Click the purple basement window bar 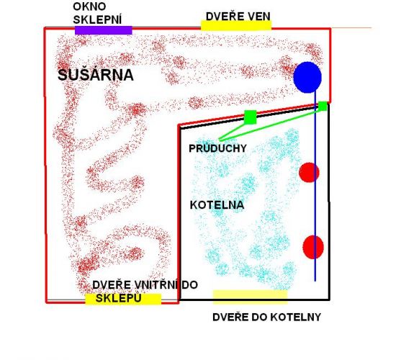click(104, 30)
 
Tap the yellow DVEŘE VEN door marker click(236, 25)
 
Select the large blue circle click(307, 77)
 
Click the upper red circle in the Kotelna click(309, 173)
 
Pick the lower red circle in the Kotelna click(313, 247)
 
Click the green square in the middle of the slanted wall click(251, 117)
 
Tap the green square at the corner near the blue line click(323, 106)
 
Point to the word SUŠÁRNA click(96, 75)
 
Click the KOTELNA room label click(217, 205)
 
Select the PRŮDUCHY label click(217, 148)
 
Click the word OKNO click(89, 7)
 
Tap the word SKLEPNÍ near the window click(97, 19)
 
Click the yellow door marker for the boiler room click(251, 297)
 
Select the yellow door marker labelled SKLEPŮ click(123, 299)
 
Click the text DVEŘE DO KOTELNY click(266, 317)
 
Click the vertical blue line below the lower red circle click(315, 270)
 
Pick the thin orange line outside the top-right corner click(351, 28)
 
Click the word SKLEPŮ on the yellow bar click(118, 299)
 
